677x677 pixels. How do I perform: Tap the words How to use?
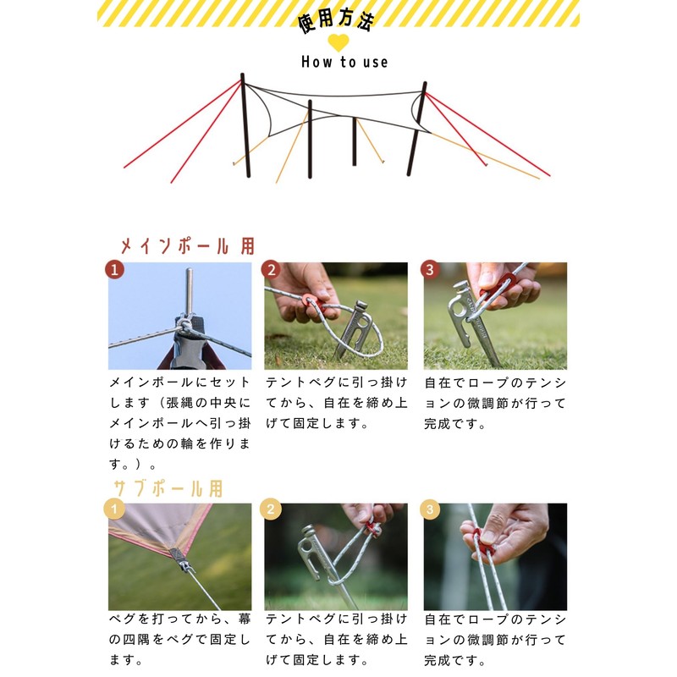(x=344, y=62)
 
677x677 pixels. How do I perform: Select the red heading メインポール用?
(x=187, y=246)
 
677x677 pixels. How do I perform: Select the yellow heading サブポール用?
(x=168, y=489)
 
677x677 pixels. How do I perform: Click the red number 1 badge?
(x=114, y=270)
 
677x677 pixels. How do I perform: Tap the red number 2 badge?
(x=271, y=270)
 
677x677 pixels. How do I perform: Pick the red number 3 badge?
(x=430, y=270)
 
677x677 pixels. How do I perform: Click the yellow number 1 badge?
(x=114, y=509)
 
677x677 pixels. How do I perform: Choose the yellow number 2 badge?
(x=271, y=509)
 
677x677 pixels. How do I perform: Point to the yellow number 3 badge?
(x=430, y=509)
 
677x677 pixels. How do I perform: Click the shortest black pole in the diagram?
(x=354, y=141)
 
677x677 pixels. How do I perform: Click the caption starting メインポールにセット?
(x=179, y=423)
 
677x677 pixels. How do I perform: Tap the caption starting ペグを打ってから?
(x=179, y=639)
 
